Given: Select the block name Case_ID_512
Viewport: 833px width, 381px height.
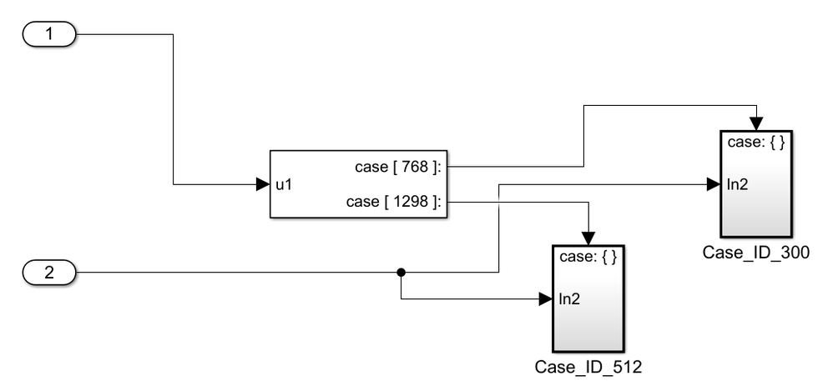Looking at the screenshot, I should tap(588, 367).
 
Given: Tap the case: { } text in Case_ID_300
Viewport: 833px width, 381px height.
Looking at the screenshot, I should tap(755, 143).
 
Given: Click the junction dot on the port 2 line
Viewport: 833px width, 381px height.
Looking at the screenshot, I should tap(401, 272).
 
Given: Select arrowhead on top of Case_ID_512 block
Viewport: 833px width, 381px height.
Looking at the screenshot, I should tap(589, 237).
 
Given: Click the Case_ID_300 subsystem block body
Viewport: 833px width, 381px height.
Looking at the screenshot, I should tap(755, 208).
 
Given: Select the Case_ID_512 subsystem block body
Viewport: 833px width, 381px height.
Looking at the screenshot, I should tap(588, 321).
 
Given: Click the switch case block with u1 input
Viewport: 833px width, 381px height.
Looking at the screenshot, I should tap(359, 184).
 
